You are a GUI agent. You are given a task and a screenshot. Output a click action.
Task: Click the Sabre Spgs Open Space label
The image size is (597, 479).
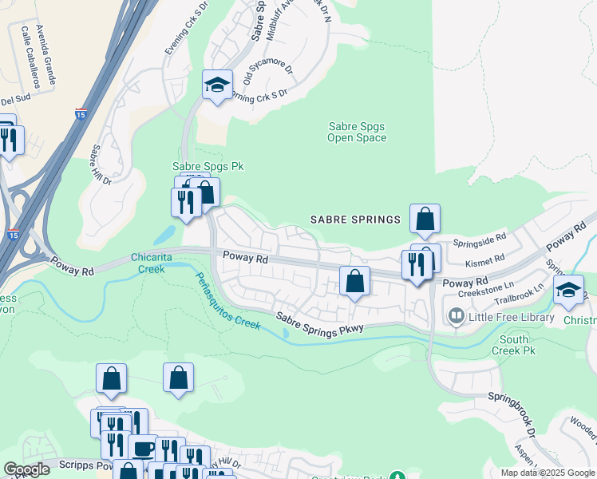[x=357, y=132]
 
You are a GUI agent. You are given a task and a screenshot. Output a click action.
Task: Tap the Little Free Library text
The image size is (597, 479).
[x=511, y=317]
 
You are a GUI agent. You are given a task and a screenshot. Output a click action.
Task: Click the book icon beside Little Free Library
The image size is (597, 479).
[x=456, y=317]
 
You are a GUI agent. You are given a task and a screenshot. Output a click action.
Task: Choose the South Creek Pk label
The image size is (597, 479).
[x=514, y=345]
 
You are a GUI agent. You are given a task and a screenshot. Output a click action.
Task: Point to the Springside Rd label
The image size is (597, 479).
[x=480, y=238]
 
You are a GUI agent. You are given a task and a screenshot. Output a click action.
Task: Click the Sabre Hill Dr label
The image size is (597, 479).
[x=101, y=164]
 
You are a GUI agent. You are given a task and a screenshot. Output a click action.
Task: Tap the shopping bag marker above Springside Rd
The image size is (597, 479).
[x=425, y=218]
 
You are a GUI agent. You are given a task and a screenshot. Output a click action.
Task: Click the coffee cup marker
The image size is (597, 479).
[x=143, y=448]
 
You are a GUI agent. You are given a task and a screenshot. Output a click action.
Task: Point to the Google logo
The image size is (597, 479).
[x=27, y=469]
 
